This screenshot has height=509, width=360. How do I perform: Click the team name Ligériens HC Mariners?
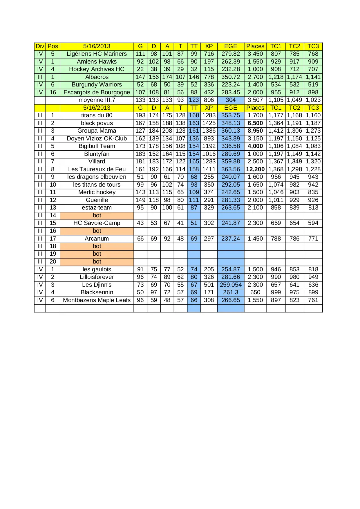coord(97,54)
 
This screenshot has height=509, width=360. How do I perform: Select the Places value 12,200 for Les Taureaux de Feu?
coord(255,169)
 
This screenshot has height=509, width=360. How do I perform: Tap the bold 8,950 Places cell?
coord(255,131)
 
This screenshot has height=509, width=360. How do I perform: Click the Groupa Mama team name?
coord(97,131)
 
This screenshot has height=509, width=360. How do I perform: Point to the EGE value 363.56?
coord(231,169)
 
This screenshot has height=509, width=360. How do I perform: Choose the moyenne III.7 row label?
coord(97,100)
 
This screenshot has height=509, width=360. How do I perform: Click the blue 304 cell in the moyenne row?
coord(231,100)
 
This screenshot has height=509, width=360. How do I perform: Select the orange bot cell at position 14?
coord(97,216)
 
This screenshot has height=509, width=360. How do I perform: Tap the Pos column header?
coord(53,46)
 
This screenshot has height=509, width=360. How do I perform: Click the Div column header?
coord(40,46)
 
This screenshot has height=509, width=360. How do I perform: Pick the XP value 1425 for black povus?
coord(209,123)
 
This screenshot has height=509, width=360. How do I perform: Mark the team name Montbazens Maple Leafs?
coord(97,300)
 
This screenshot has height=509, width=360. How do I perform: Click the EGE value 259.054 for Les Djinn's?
coord(231,285)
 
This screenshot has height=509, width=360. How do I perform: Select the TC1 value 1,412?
coord(276,131)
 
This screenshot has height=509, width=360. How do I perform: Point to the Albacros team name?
coord(97,77)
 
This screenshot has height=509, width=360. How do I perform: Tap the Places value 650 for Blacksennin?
coord(255,293)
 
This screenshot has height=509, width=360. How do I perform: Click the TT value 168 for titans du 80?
coord(194,115)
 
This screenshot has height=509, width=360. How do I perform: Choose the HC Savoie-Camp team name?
coord(97,223)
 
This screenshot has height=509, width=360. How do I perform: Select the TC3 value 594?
coord(313,223)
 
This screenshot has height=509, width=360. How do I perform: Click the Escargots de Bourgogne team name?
coord(97,93)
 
